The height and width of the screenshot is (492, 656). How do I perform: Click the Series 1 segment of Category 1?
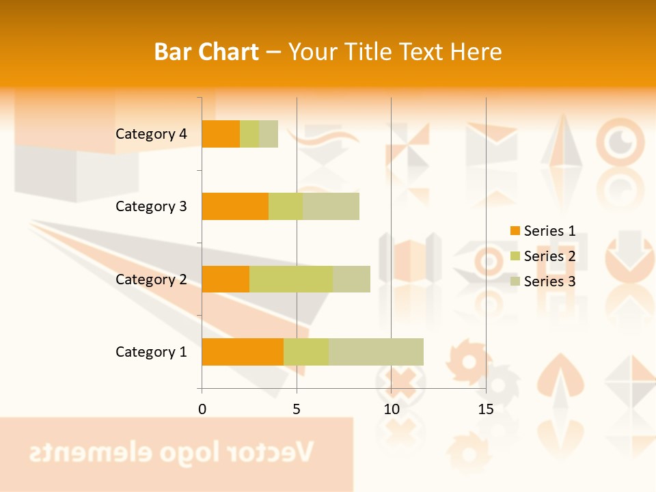pos(243,351)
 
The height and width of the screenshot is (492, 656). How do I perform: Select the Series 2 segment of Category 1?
pos(306,351)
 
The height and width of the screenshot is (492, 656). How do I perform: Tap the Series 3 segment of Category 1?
pos(376,351)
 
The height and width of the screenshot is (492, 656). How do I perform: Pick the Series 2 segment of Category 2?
pos(291,279)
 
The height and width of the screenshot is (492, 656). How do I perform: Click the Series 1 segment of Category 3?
pos(235,206)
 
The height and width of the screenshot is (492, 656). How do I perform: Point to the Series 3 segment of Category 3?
pos(331,206)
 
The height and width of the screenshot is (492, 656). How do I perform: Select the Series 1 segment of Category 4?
pos(221,134)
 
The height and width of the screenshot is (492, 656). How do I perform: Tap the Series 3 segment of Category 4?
pos(269,134)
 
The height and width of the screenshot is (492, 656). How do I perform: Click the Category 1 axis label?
pos(151,352)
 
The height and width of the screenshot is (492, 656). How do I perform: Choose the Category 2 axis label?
pos(151,279)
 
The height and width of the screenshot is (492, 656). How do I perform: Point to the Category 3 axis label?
pos(151,206)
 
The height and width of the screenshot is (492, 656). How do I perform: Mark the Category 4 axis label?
pos(151,134)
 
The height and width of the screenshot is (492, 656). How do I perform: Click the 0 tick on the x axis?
pos(202,409)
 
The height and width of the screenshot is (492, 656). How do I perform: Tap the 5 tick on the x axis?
pos(297,409)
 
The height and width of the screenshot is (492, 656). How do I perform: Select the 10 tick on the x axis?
pos(391,409)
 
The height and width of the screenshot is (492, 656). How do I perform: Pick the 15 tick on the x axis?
pos(486,409)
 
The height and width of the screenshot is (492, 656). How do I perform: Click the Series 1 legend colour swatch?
pos(515,231)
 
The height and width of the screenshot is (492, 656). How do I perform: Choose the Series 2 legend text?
pos(549,256)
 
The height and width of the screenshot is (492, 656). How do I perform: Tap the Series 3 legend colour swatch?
pos(515,282)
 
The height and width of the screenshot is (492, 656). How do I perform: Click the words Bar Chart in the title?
pos(206,52)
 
